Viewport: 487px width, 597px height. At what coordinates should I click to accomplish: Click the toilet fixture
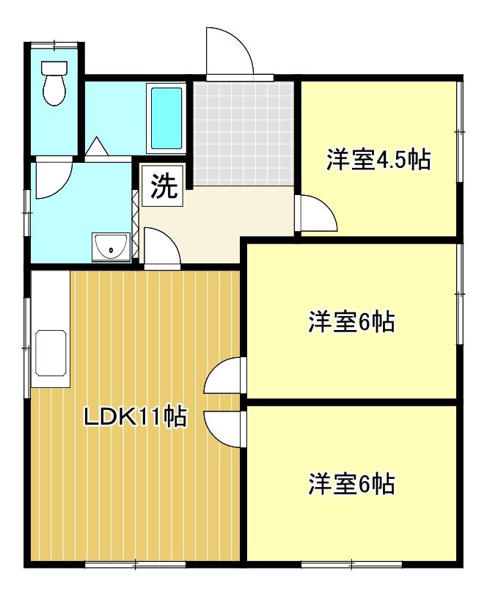(54, 83)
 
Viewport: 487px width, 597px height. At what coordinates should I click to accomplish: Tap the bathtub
(166, 118)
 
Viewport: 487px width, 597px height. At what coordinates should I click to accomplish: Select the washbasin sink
(111, 246)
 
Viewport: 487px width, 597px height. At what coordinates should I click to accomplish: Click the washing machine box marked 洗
(163, 186)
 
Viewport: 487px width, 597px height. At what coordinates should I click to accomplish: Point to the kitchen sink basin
(51, 353)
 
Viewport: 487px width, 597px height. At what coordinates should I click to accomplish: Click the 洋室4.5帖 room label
(378, 160)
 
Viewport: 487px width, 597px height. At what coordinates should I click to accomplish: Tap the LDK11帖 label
(135, 416)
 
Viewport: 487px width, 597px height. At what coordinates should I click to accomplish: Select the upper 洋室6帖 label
(351, 322)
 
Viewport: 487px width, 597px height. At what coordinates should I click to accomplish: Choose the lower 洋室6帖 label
(351, 484)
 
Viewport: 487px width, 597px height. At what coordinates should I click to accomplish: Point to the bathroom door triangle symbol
(97, 146)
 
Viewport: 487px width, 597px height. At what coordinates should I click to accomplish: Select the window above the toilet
(54, 45)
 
